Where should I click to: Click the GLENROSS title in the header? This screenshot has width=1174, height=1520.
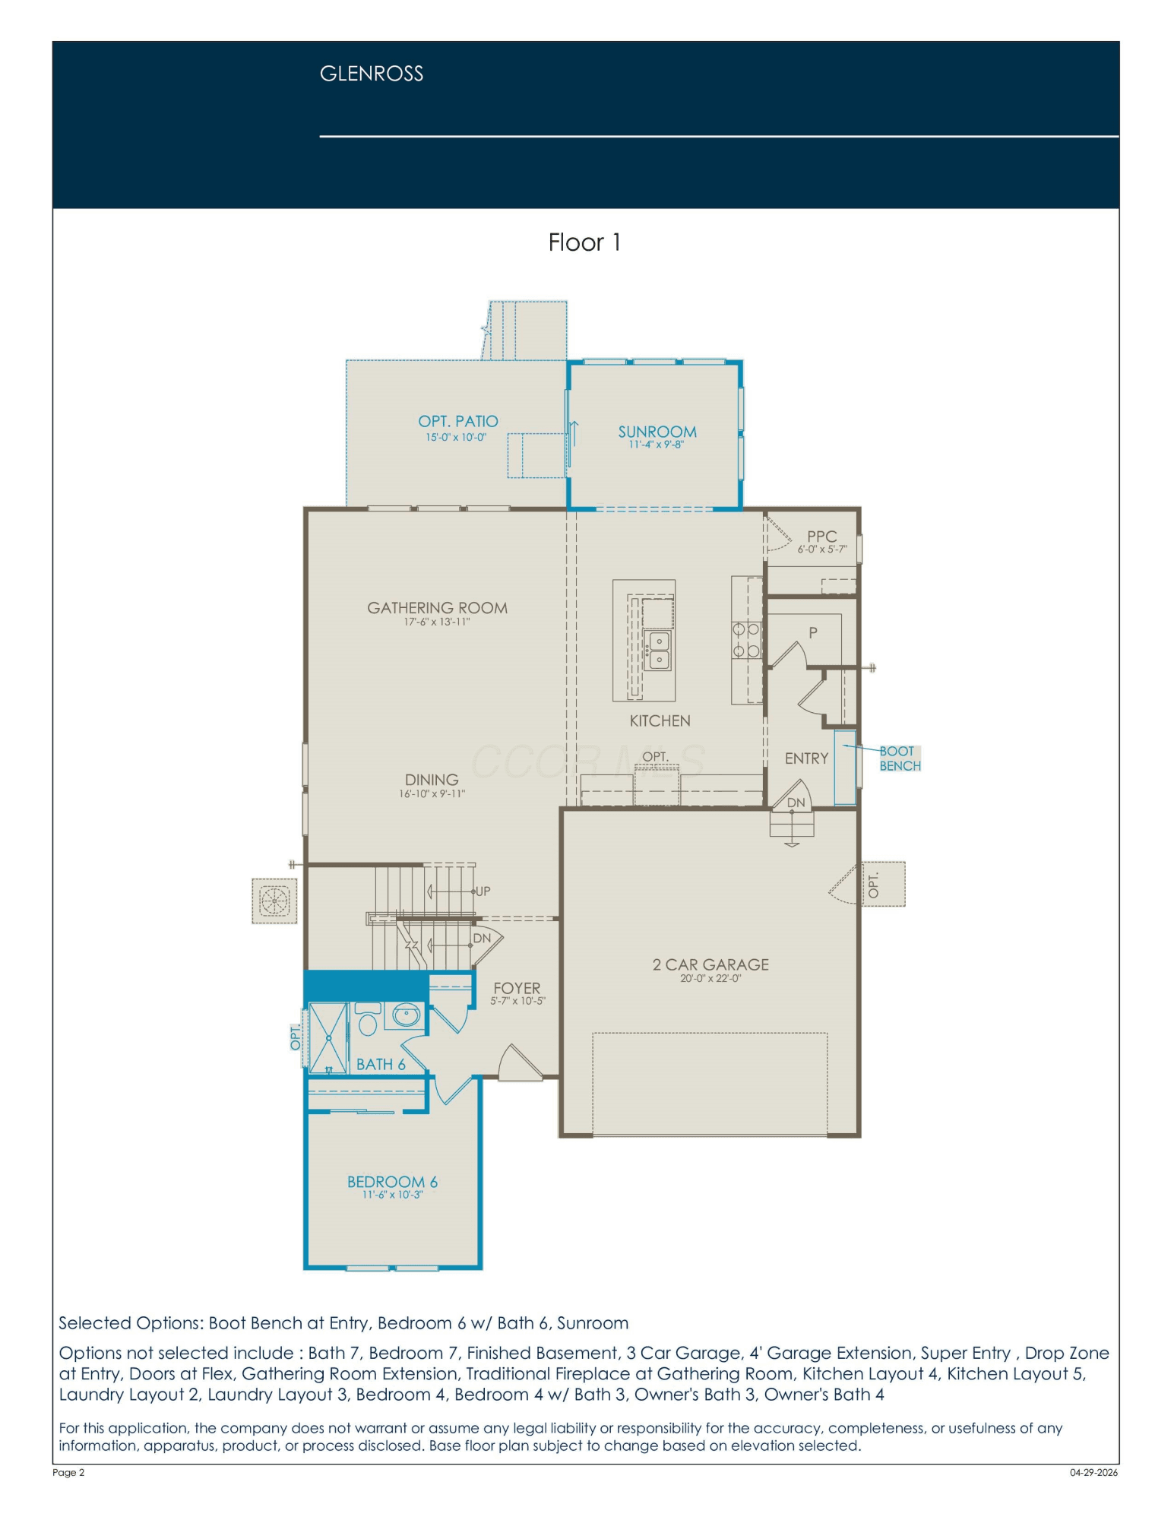point(371,74)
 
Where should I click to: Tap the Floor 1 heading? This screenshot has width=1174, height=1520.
point(584,242)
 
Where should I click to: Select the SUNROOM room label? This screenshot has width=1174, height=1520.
point(657,432)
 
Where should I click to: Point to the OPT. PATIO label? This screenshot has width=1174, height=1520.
point(458,421)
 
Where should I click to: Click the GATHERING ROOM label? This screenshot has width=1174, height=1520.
point(437,608)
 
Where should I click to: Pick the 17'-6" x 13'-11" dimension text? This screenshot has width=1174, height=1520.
point(437,622)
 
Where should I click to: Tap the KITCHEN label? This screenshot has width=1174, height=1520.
point(660,720)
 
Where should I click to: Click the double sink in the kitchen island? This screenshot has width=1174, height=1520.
point(658,651)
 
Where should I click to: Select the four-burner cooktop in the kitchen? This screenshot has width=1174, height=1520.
point(746,640)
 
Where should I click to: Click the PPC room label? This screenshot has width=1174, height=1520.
point(821,536)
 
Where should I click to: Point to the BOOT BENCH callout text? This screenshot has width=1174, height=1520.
point(900,758)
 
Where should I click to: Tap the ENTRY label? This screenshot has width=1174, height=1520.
point(806,758)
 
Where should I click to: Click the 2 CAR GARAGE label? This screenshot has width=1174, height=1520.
point(710,964)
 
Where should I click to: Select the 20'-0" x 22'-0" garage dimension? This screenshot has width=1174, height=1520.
point(710,979)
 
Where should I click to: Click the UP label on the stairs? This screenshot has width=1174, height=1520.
point(483,891)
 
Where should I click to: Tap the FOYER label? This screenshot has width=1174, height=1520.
point(517,988)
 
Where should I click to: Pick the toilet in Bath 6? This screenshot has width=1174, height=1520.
point(368,1020)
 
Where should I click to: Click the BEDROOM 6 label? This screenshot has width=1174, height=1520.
point(392,1182)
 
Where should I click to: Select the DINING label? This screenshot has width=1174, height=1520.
point(432,780)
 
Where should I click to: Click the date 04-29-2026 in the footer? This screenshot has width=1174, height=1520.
point(1093,1472)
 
